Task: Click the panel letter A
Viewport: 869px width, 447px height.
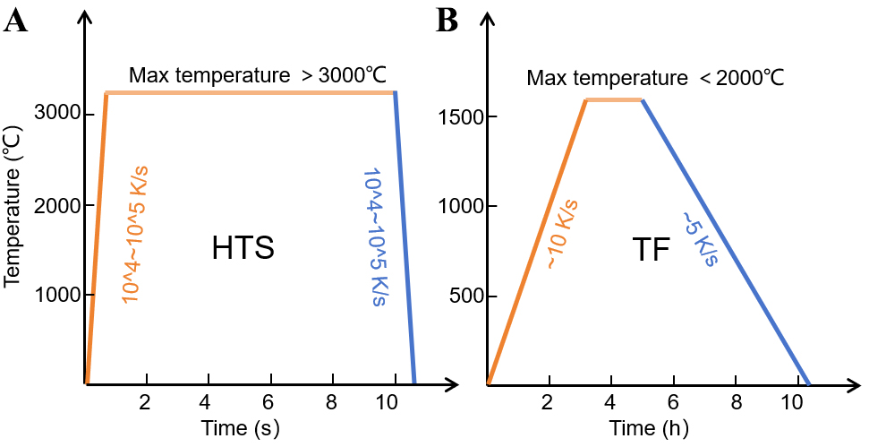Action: tap(16, 20)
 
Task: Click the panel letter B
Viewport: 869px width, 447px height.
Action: tap(447, 20)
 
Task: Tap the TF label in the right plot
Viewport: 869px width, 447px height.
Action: tap(650, 250)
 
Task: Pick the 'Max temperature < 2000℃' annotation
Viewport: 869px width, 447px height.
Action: tap(655, 78)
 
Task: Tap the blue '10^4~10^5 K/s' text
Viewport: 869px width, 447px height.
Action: tap(369, 235)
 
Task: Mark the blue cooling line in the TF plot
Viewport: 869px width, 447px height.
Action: tap(725, 242)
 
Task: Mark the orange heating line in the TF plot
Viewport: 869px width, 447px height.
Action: tap(537, 242)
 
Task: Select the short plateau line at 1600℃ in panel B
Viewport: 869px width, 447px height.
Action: tap(614, 99)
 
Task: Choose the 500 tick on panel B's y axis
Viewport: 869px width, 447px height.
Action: tap(460, 296)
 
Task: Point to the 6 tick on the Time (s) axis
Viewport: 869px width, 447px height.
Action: tap(269, 402)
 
